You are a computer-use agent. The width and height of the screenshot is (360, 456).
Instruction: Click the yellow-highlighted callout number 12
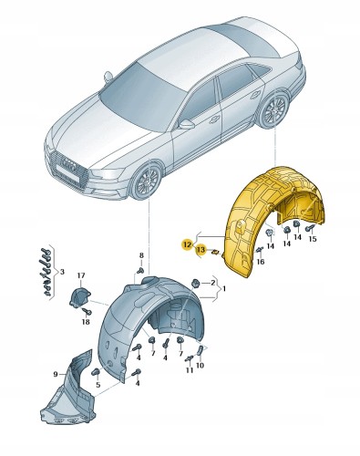tap(186, 244)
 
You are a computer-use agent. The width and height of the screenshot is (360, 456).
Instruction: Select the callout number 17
tap(80, 276)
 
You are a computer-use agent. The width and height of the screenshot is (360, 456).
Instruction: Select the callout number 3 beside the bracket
tap(61, 271)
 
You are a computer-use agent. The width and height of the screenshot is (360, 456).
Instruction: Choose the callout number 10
tap(201, 365)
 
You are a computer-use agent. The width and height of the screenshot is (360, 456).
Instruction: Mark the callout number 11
tap(190, 372)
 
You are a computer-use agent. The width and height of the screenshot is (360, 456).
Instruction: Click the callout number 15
tap(314, 240)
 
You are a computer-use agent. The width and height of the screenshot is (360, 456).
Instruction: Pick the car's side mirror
tap(186, 123)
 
